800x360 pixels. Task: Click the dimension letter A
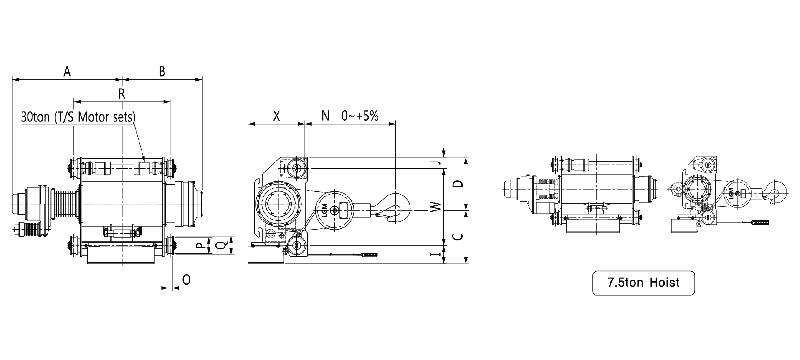[x=67, y=71]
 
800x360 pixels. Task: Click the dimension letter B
[x=162, y=71]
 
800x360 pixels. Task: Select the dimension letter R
[x=121, y=94]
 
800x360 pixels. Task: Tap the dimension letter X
[x=276, y=116]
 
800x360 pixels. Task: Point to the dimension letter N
[x=325, y=116]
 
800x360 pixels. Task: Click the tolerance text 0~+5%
[x=360, y=116]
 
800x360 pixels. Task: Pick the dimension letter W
[x=435, y=207]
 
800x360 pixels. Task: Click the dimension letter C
[x=458, y=237]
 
